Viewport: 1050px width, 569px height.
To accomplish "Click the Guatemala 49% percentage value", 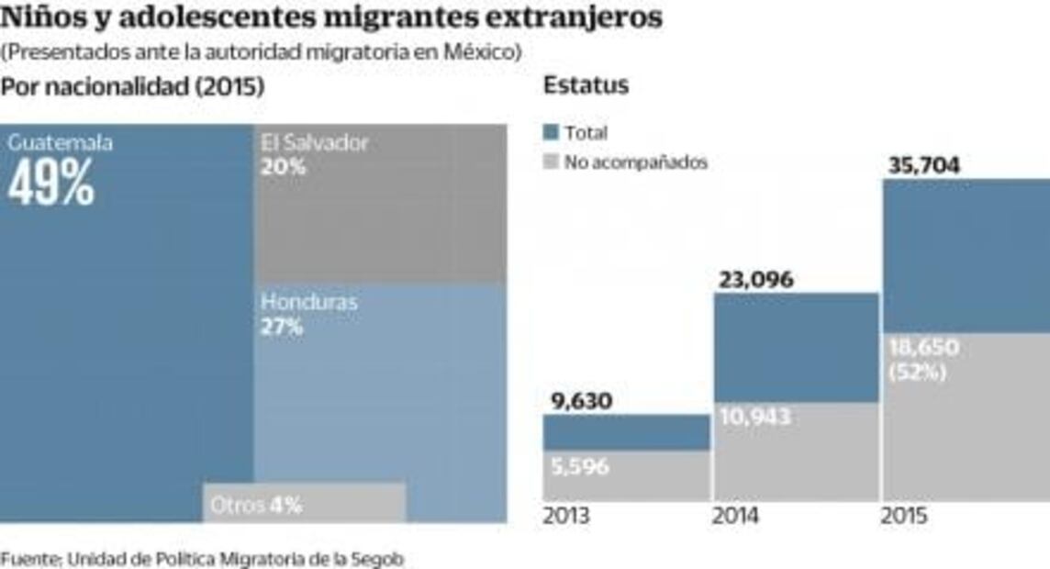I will click(x=51, y=184).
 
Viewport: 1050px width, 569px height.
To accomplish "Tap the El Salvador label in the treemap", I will click(x=314, y=143).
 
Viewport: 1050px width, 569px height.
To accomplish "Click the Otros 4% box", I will click(x=304, y=504).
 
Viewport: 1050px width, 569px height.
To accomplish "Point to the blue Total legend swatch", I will click(x=551, y=133).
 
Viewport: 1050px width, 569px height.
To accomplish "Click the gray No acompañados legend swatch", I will click(x=551, y=162).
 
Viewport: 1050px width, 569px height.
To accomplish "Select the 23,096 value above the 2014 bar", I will click(x=755, y=280).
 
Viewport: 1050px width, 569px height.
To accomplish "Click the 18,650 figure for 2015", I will click(x=923, y=348).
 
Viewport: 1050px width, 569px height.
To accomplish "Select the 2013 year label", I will click(x=566, y=516).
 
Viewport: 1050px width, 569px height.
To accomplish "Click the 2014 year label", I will click(x=736, y=516).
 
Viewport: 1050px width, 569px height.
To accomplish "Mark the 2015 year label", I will click(x=905, y=516).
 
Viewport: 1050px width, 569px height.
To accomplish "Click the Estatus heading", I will click(x=586, y=85).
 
